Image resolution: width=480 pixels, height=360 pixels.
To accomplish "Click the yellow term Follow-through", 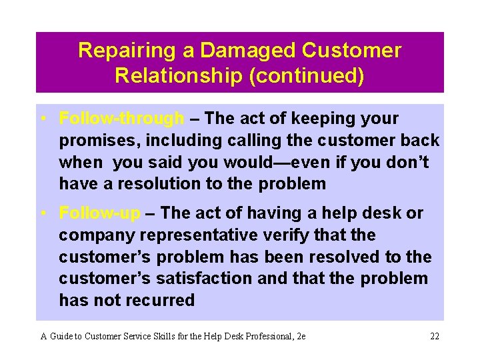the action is coord(121,119).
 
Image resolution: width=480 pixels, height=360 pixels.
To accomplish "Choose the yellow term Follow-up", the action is coord(100,213).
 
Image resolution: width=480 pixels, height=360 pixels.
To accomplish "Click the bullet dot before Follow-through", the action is coord(42,119).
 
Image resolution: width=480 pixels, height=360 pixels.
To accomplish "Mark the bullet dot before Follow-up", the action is coord(42,213).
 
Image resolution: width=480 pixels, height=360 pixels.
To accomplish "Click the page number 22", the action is coord(434,336).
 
